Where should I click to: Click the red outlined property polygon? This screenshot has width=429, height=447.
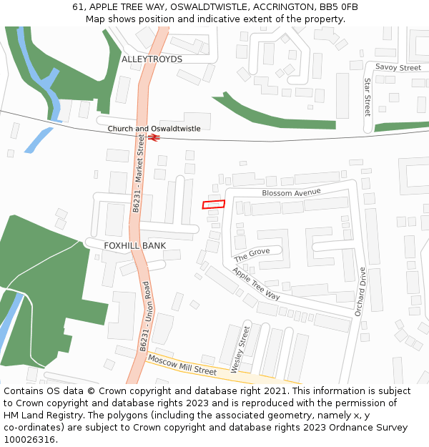click(x=213, y=205)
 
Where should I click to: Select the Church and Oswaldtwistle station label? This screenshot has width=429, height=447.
click(x=154, y=129)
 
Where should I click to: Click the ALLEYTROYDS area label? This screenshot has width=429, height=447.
click(x=152, y=59)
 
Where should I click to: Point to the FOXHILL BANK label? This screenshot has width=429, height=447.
click(x=134, y=246)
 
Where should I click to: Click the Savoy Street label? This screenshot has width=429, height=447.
click(x=398, y=68)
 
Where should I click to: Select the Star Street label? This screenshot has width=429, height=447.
click(x=368, y=97)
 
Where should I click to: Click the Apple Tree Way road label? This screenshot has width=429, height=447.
click(x=256, y=283)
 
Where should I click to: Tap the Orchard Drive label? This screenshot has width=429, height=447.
click(x=361, y=291)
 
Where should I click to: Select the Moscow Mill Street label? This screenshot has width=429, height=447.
click(x=182, y=366)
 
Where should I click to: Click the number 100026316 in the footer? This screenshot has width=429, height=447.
click(x=29, y=439)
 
